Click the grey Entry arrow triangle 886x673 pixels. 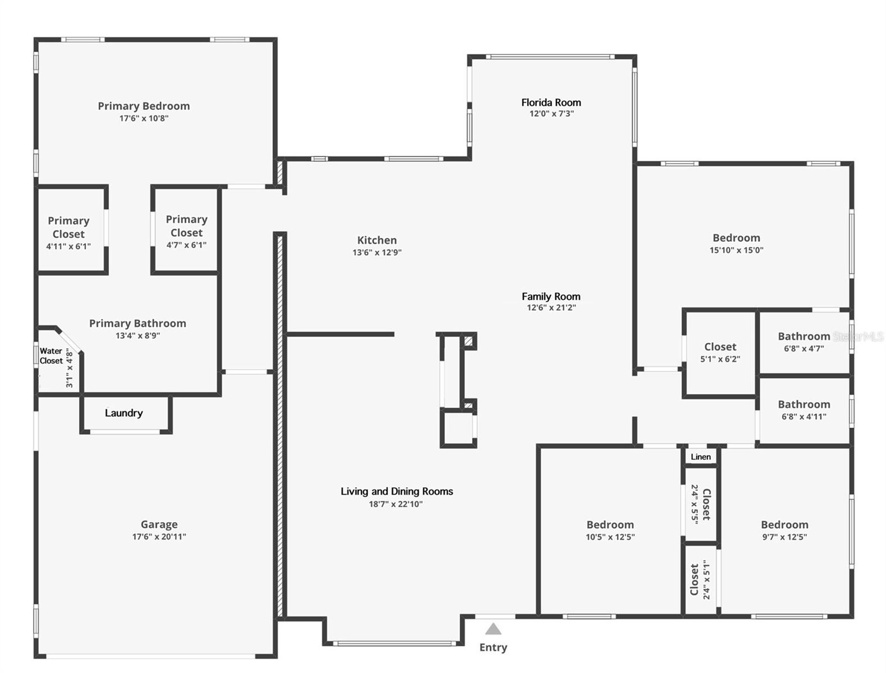pyautogui.click(x=493, y=629)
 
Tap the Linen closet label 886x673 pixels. pyautogui.click(x=701, y=457)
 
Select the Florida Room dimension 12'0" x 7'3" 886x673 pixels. pyautogui.click(x=551, y=113)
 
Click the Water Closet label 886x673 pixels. pyautogui.click(x=51, y=356)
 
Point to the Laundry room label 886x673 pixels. pyautogui.click(x=124, y=413)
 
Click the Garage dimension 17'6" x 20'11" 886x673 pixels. pyautogui.click(x=159, y=537)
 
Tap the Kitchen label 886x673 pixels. pyautogui.click(x=377, y=240)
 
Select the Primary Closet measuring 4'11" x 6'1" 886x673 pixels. pyautogui.click(x=68, y=232)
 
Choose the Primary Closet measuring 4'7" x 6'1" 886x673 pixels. pyautogui.click(x=186, y=231)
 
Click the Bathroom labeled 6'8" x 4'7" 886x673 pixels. pyautogui.click(x=803, y=342)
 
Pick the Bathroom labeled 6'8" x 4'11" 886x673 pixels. pyautogui.click(x=803, y=409)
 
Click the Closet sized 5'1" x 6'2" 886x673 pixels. pyautogui.click(x=720, y=352)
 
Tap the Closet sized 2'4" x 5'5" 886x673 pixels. pyautogui.click(x=701, y=504)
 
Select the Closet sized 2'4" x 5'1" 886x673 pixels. pyautogui.click(x=700, y=580)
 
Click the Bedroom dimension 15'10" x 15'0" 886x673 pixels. pyautogui.click(x=736, y=250)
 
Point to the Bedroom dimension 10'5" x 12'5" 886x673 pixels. pyautogui.click(x=610, y=537)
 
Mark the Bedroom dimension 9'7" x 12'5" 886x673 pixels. pyautogui.click(x=784, y=537)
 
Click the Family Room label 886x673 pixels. pyautogui.click(x=551, y=296)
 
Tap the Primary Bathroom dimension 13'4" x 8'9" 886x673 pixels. pyautogui.click(x=137, y=335)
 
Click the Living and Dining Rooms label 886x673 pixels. pyautogui.click(x=396, y=491)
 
